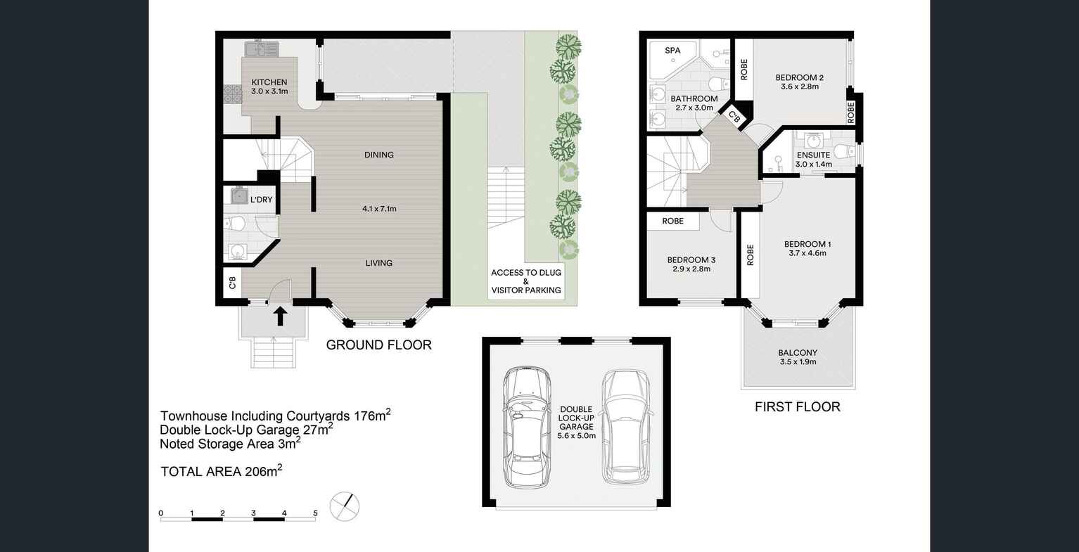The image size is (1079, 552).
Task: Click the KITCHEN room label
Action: [x=269, y=82]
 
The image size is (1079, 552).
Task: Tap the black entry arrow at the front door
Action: [x=280, y=316]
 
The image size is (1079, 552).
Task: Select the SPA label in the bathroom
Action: [x=672, y=51]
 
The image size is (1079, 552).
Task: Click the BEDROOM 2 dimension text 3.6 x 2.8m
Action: [x=800, y=87]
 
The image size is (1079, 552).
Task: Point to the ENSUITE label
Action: [x=813, y=155]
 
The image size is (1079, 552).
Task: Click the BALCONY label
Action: [x=798, y=353]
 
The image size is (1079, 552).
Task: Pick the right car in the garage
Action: [x=626, y=427]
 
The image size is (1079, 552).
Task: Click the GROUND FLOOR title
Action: [x=378, y=345]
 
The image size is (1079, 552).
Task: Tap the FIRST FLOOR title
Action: [x=797, y=406]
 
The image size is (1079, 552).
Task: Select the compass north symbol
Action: [x=345, y=506]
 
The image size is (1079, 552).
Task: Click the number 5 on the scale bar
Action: [x=315, y=513]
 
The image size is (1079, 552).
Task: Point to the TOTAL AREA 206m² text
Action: [x=222, y=471]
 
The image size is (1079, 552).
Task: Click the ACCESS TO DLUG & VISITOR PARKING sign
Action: [x=526, y=281]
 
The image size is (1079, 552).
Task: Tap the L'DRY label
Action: [x=261, y=200]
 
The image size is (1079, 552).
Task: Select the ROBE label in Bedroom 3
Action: [x=673, y=221]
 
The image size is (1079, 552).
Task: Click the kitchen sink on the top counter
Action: [x=262, y=50]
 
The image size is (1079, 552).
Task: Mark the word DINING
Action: [x=379, y=155]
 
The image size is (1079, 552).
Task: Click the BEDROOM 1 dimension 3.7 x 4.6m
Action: [x=807, y=253]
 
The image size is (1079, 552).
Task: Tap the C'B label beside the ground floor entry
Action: [x=232, y=283]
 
